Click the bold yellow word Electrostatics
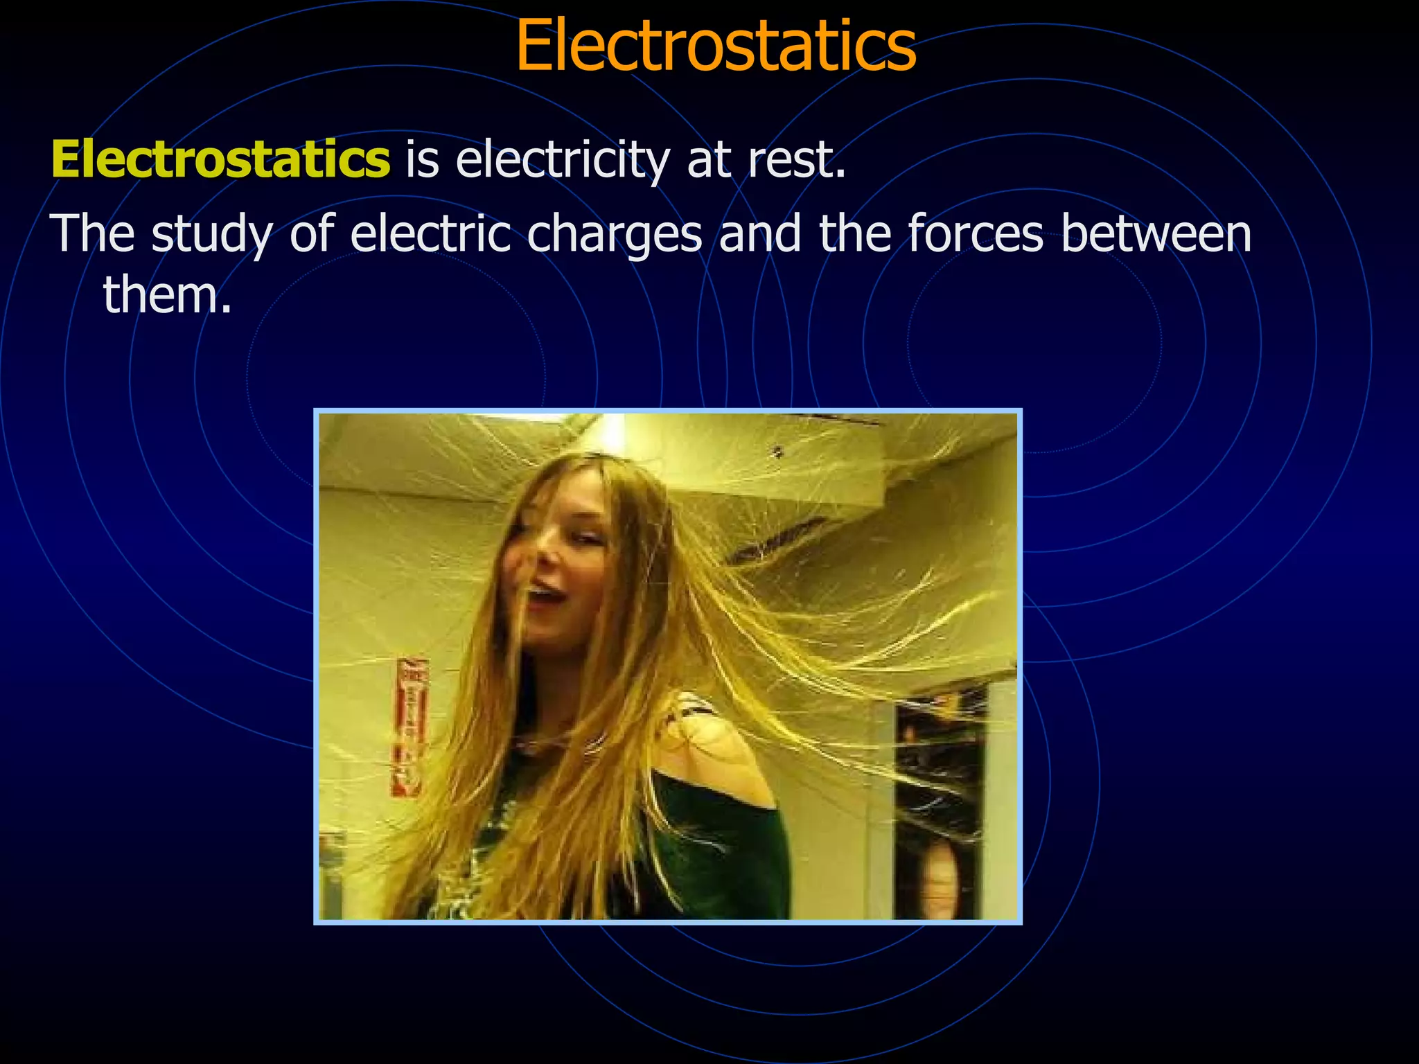click(220, 159)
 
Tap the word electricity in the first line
click(563, 159)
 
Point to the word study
click(212, 234)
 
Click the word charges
click(615, 234)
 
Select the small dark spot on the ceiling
click(777, 452)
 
